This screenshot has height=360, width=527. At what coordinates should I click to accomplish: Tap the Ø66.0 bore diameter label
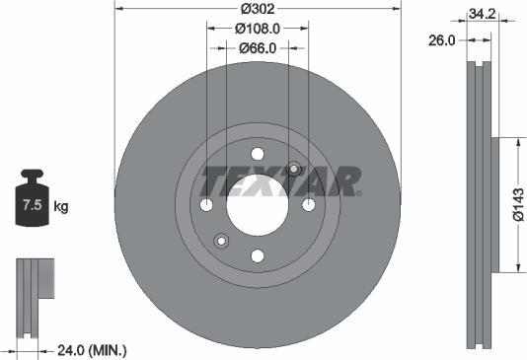(258, 48)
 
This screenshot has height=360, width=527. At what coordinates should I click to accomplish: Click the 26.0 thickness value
(443, 40)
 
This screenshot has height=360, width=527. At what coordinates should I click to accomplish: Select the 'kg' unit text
(61, 206)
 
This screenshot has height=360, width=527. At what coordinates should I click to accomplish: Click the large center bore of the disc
(258, 205)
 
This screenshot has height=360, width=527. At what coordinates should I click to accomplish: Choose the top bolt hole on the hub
(258, 154)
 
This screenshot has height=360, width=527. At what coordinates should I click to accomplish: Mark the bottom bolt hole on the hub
(258, 256)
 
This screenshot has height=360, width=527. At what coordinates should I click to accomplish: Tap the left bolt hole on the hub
(206, 205)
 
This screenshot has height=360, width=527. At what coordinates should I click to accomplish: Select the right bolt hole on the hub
(309, 205)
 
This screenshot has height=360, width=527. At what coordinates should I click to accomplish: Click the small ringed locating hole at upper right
(293, 168)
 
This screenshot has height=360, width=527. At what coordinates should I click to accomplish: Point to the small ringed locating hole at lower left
(221, 242)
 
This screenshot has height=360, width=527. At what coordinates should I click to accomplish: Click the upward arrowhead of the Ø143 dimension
(515, 143)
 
